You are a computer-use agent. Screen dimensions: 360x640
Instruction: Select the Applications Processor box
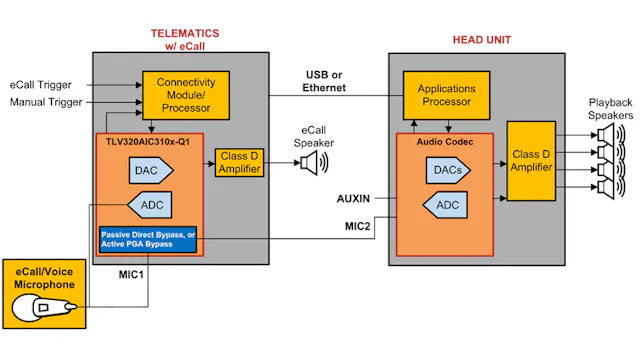pyautogui.click(x=445, y=95)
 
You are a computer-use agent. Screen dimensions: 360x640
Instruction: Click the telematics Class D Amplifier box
pyautogui.click(x=239, y=162)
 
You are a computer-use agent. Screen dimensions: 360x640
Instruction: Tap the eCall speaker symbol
pyautogui.click(x=306, y=162)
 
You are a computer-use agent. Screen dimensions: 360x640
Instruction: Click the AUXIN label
pyautogui.click(x=355, y=199)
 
